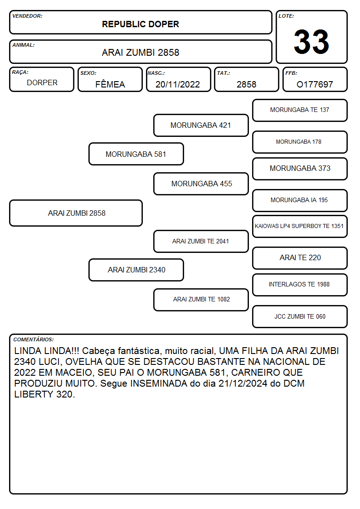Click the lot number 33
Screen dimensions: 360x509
click(x=311, y=42)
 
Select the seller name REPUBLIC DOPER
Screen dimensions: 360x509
click(x=141, y=24)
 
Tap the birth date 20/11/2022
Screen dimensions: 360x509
click(x=178, y=84)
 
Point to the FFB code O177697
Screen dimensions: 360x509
click(x=315, y=84)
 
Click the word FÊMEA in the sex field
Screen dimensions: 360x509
click(x=110, y=84)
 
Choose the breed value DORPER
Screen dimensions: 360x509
click(x=42, y=83)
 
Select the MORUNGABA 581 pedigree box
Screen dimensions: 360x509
click(x=136, y=154)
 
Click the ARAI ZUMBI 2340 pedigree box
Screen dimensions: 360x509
click(x=136, y=270)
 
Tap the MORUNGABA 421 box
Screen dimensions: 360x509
click(x=201, y=125)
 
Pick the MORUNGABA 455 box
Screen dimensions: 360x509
click(x=201, y=184)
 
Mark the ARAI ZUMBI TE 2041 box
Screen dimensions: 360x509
click(x=201, y=241)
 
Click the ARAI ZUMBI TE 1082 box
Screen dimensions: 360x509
click(x=201, y=299)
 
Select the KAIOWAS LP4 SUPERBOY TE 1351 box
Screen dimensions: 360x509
click(x=300, y=226)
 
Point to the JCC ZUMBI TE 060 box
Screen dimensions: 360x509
click(x=300, y=316)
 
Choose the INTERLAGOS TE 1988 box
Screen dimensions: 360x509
click(x=300, y=285)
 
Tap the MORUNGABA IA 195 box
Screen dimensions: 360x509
click(x=300, y=200)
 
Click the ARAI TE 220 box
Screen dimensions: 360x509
click(x=300, y=258)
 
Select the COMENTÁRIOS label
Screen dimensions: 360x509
click(x=34, y=339)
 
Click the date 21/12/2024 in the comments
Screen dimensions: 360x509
click(x=243, y=383)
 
